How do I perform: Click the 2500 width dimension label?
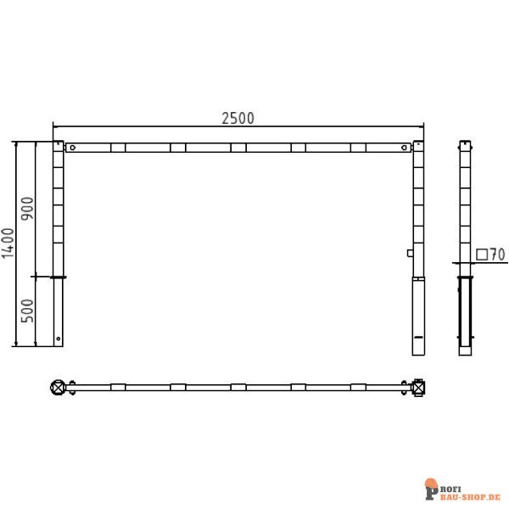(x=238, y=118)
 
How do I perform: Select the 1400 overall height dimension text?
(x=8, y=243)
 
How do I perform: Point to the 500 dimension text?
(x=27, y=310)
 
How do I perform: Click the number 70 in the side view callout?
(x=497, y=254)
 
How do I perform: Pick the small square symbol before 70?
(x=482, y=254)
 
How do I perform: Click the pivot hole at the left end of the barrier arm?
(x=73, y=148)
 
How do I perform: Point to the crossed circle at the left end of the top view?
(x=59, y=388)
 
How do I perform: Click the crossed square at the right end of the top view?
(x=418, y=388)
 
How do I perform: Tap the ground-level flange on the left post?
(x=58, y=277)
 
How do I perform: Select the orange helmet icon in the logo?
(x=431, y=484)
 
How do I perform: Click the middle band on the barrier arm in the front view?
(x=238, y=148)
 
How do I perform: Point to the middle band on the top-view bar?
(x=238, y=388)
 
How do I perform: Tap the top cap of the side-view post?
(x=464, y=143)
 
